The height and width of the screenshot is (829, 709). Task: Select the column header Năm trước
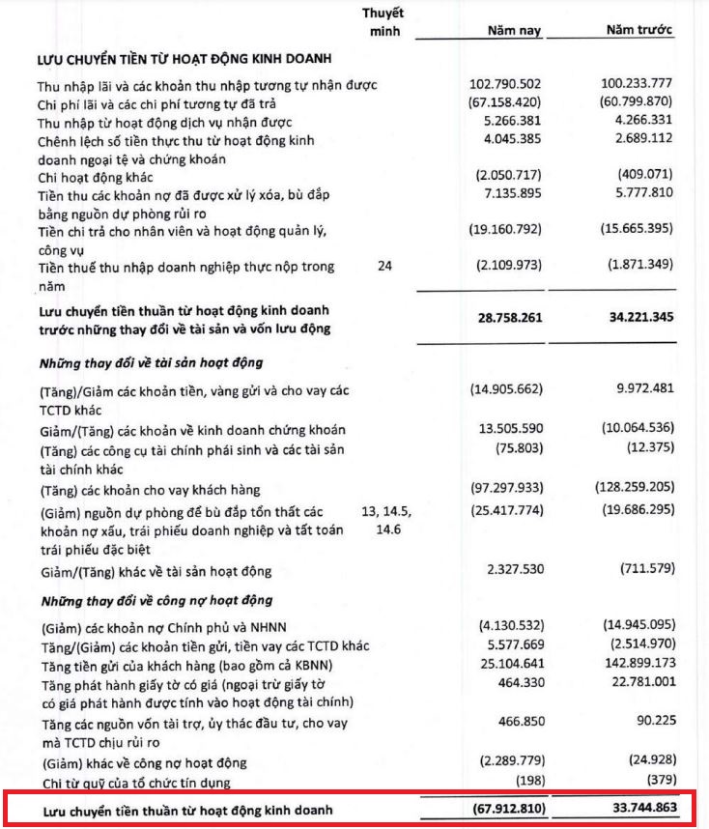click(639, 30)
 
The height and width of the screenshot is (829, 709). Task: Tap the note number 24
click(384, 265)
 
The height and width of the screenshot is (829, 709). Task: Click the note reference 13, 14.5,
click(385, 510)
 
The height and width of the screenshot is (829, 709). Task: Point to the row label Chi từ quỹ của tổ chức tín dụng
click(135, 782)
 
